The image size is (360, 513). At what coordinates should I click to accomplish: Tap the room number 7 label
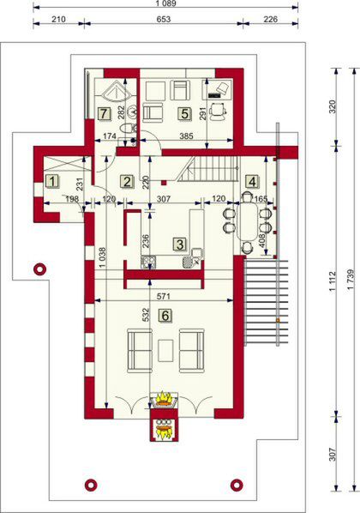tap(104, 112)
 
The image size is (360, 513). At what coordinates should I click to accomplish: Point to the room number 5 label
tap(183, 112)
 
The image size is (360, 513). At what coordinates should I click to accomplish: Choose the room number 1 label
tap(52, 181)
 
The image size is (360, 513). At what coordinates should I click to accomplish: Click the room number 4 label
tap(251, 181)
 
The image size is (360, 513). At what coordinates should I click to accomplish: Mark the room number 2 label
tap(126, 181)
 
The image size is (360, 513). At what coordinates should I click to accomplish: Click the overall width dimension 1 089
tap(165, 5)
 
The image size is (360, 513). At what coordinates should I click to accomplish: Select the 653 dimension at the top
tap(165, 21)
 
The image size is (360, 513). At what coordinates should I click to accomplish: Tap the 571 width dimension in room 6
tap(165, 294)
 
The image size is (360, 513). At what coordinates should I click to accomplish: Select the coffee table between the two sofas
tap(165, 349)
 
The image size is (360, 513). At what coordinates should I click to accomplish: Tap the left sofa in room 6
tap(140, 350)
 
